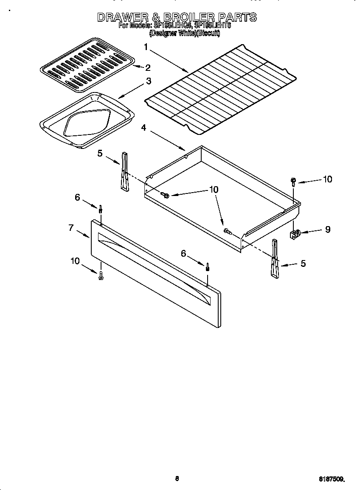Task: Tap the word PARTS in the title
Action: pyautogui.click(x=237, y=17)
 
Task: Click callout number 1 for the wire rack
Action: pyautogui.click(x=146, y=47)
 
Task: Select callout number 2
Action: pyautogui.click(x=148, y=67)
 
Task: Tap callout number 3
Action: pyautogui.click(x=149, y=81)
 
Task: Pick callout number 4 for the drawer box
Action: pyautogui.click(x=144, y=127)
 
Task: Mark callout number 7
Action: pyautogui.click(x=71, y=228)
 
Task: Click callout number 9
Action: pyautogui.click(x=327, y=229)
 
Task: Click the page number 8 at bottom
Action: pyautogui.click(x=177, y=479)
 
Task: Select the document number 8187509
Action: pyautogui.click(x=332, y=479)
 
